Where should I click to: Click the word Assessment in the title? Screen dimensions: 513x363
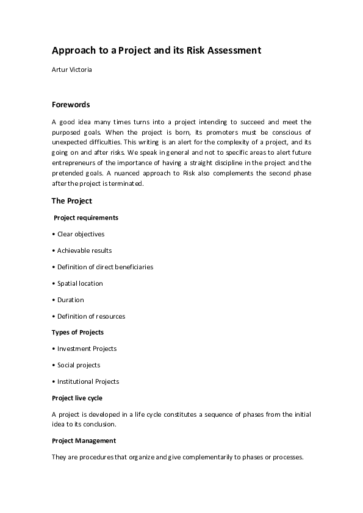pyautogui.click(x=234, y=51)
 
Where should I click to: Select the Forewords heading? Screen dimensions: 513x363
pyautogui.click(x=71, y=104)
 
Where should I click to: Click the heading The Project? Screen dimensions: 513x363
pyautogui.click(x=71, y=200)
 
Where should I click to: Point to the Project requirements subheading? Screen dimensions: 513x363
pyautogui.click(x=86, y=218)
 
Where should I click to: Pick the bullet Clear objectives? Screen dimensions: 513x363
pyautogui.click(x=79, y=234)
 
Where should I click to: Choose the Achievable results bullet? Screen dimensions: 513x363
pyautogui.click(x=82, y=250)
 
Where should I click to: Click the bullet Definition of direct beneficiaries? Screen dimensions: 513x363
pyautogui.click(x=102, y=267)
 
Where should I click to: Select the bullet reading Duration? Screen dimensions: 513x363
pyautogui.click(x=68, y=300)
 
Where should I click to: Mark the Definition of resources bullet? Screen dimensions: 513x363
pyautogui.click(x=88, y=316)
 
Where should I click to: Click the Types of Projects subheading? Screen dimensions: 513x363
pyautogui.click(x=77, y=332)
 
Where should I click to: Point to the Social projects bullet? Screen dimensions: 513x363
pyautogui.click(x=76, y=365)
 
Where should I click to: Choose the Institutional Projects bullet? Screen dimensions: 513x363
pyautogui.click(x=85, y=381)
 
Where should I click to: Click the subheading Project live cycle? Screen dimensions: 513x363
pyautogui.click(x=77, y=398)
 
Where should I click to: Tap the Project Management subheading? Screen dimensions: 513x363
pyautogui.click(x=84, y=440)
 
